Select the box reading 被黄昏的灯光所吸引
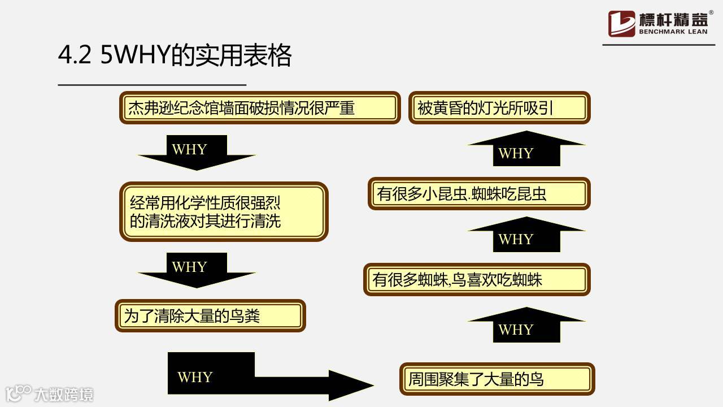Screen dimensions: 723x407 [x=499, y=107]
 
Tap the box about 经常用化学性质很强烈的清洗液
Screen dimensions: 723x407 [x=224, y=211]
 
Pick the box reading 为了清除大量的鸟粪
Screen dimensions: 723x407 [x=210, y=315]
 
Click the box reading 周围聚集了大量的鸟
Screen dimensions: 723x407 [x=497, y=379]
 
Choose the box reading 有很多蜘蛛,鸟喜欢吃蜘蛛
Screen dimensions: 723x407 [x=477, y=279]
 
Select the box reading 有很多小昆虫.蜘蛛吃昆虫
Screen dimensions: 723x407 [x=479, y=194]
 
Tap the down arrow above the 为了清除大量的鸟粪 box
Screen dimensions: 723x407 [x=197, y=270]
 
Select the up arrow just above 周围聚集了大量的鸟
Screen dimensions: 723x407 [x=526, y=326]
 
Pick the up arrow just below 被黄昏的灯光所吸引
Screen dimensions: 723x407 [x=526, y=149]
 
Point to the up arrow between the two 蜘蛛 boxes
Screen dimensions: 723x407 [x=526, y=235]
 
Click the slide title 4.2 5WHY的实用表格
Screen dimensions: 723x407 [x=175, y=57]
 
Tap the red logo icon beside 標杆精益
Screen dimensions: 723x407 [x=621, y=24]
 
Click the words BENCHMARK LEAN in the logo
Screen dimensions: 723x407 [x=673, y=32]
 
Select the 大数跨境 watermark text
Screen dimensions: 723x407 [x=63, y=394]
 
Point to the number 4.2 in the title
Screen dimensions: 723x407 [x=75, y=57]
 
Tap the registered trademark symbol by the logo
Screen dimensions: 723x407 [x=711, y=12]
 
